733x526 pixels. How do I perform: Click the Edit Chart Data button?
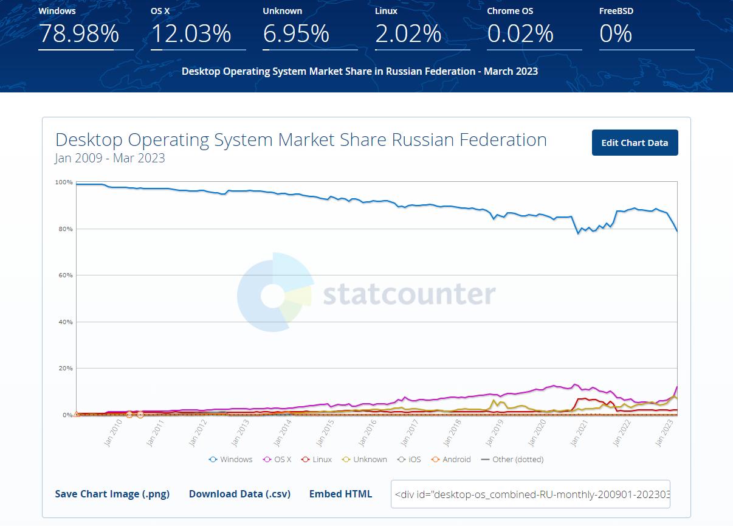click(x=635, y=143)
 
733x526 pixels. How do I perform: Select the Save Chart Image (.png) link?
click(x=112, y=494)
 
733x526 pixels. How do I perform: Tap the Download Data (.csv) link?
click(x=239, y=494)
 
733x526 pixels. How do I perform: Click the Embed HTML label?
click(x=340, y=494)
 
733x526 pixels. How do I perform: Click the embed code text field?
click(x=530, y=494)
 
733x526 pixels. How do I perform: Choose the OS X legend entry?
click(x=277, y=460)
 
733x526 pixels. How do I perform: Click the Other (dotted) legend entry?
click(x=512, y=460)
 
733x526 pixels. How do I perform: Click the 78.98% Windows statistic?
click(x=79, y=34)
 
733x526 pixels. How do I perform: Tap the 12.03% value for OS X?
click(x=191, y=34)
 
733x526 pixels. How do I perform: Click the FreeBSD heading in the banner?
click(x=616, y=11)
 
